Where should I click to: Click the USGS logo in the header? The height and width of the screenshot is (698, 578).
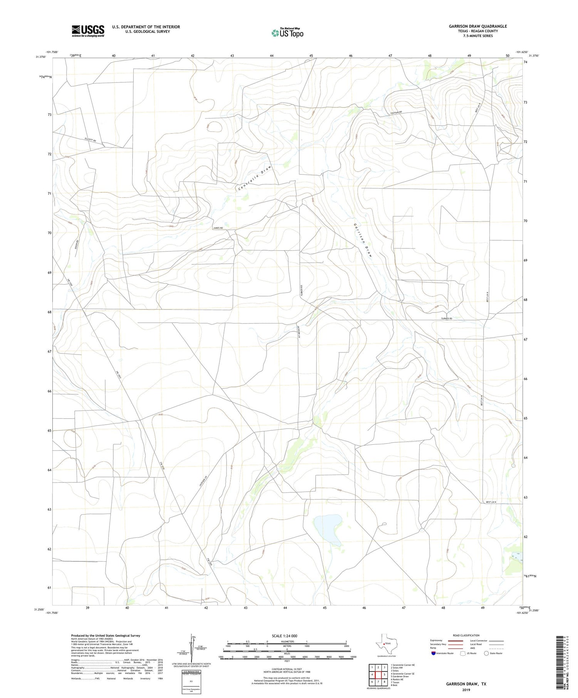(x=88, y=31)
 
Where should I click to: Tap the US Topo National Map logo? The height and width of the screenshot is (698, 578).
(x=287, y=33)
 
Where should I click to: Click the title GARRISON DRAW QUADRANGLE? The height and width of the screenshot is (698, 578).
(x=477, y=26)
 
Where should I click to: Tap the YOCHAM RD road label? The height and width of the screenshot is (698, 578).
(x=395, y=112)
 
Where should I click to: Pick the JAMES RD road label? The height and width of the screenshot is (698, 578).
(x=218, y=228)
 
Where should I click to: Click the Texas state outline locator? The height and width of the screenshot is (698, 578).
(x=385, y=643)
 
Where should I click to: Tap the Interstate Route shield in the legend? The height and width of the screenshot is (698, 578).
(x=434, y=653)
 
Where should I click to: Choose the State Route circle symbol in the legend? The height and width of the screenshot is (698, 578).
(x=487, y=653)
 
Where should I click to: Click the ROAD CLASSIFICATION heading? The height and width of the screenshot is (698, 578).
(x=466, y=635)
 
